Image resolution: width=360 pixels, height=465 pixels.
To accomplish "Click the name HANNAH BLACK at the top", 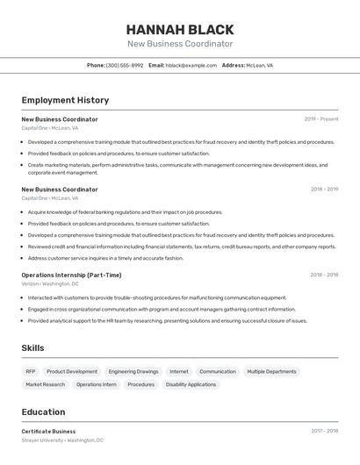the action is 180,30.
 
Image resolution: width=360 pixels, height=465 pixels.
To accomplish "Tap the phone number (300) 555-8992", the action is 125,65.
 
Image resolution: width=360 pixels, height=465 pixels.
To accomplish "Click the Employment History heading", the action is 65,100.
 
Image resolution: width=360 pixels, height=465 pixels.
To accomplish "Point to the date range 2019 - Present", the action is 321,119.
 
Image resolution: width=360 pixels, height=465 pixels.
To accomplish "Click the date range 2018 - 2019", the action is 324,189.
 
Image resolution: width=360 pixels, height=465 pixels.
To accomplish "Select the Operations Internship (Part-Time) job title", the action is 71,275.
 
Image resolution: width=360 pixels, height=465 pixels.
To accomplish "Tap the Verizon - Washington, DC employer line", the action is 50,283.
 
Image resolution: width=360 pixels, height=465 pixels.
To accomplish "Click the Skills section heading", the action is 32,348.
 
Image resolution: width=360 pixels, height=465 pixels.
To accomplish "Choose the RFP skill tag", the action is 31,371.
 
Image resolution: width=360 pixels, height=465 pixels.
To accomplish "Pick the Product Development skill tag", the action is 72,371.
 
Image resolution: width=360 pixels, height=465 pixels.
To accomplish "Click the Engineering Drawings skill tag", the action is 133,371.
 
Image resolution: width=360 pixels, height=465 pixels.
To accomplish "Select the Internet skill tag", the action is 179,371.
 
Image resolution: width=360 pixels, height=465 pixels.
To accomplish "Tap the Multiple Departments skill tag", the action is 271,371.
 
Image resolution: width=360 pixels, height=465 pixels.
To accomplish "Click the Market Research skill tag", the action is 46,384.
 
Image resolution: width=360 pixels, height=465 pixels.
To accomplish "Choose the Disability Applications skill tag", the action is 191,384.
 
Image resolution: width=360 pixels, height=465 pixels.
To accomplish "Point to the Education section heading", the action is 43,411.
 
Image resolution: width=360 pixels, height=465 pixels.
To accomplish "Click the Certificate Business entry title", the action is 48,432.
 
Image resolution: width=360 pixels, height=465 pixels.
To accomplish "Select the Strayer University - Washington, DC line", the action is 62,440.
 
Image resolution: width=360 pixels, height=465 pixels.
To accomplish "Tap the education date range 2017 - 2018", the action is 324,432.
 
